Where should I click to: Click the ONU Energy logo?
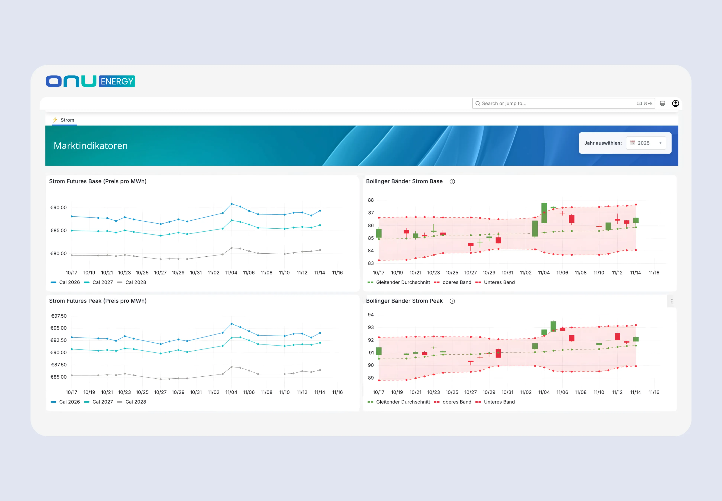click(x=90, y=81)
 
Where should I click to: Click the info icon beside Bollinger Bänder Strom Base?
click(x=452, y=181)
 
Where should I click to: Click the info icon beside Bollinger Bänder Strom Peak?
click(x=452, y=301)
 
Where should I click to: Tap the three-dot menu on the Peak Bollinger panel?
click(x=672, y=301)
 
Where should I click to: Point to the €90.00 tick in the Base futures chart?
click(x=58, y=207)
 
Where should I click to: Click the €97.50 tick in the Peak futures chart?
click(x=59, y=316)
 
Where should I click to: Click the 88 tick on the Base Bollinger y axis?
click(x=371, y=200)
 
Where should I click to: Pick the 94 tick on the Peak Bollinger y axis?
click(x=371, y=315)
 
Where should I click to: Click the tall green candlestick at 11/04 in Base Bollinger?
click(x=544, y=213)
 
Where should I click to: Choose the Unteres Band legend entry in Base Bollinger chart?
click(x=499, y=282)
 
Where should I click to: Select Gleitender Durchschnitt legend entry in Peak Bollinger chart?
click(x=403, y=402)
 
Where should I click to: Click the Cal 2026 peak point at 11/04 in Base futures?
click(x=232, y=204)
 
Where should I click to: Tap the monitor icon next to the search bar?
click(x=662, y=103)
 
